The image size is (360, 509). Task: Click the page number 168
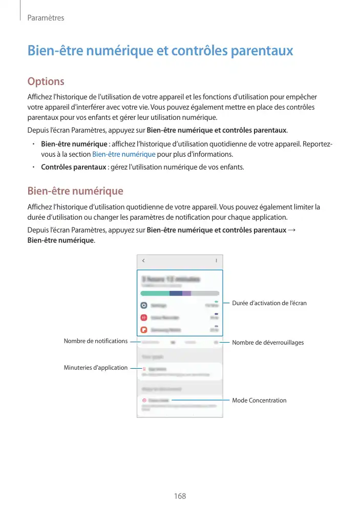click(x=180, y=496)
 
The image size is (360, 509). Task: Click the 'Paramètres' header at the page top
click(x=46, y=18)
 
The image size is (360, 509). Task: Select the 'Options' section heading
click(x=46, y=81)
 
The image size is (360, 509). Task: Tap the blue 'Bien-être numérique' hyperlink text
click(x=123, y=154)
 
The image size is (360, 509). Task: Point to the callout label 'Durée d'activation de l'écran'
click(x=269, y=303)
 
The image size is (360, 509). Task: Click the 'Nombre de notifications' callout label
click(x=95, y=341)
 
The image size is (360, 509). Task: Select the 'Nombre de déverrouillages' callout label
click(x=268, y=342)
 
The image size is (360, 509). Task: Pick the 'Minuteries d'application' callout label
click(x=95, y=368)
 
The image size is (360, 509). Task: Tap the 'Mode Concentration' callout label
click(x=259, y=400)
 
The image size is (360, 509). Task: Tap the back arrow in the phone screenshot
click(x=143, y=261)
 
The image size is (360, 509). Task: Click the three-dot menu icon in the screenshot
click(x=216, y=261)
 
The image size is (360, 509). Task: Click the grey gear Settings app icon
click(x=144, y=305)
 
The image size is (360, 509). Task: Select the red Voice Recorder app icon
click(x=144, y=317)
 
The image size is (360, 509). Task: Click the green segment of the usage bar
click(x=155, y=293)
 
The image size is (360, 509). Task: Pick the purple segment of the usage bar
click(x=186, y=293)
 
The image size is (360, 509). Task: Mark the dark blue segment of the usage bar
click(x=176, y=293)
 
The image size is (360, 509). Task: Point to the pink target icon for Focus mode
click(x=144, y=400)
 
